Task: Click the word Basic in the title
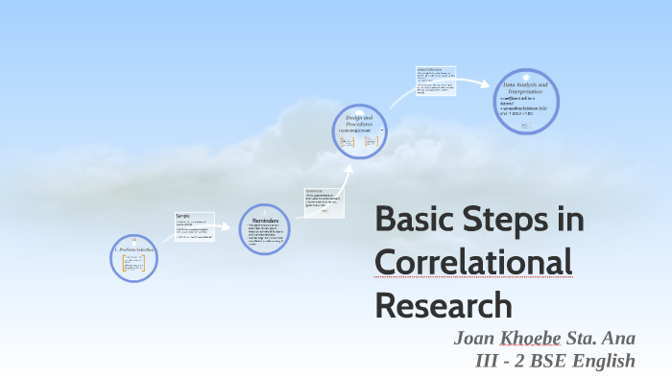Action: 414,219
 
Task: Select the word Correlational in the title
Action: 473,262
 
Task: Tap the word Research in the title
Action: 444,304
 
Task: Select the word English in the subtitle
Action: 603,362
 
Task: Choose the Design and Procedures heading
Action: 359,121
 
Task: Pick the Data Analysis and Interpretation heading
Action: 525,88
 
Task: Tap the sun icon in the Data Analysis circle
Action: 526,76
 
